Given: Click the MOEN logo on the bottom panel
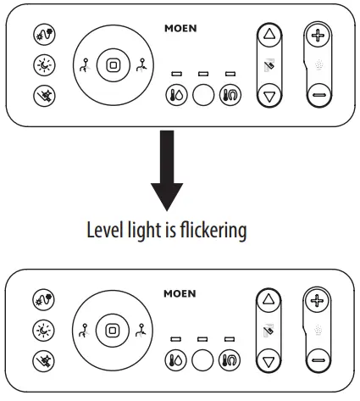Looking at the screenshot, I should (x=180, y=294).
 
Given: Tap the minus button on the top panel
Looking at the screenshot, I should (x=318, y=95).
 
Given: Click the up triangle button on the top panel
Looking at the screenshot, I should (x=269, y=36).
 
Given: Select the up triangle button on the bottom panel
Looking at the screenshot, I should (x=269, y=301).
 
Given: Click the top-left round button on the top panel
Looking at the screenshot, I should (x=40, y=36).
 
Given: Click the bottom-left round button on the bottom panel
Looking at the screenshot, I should (x=40, y=359).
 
